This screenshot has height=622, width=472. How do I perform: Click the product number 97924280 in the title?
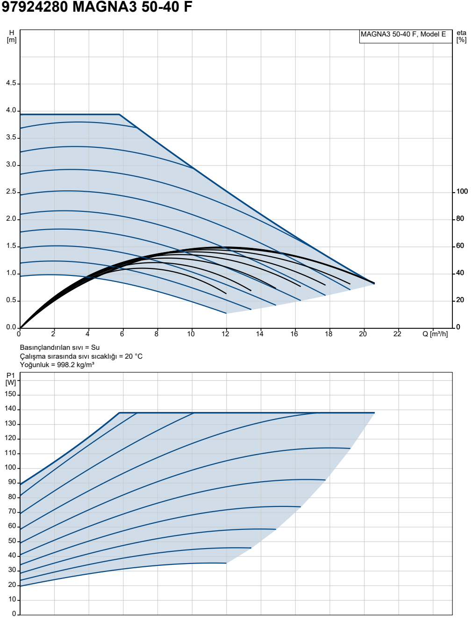(x=35, y=7)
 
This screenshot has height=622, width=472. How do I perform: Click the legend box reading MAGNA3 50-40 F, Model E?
(x=406, y=36)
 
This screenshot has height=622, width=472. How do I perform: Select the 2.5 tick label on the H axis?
(x=11, y=192)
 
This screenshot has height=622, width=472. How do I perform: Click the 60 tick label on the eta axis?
(x=460, y=246)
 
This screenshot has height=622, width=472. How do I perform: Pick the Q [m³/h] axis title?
(x=435, y=334)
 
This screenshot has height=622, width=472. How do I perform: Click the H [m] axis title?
(x=12, y=36)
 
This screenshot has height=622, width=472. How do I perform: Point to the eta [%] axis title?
(x=462, y=36)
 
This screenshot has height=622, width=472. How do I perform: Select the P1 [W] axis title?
(x=11, y=379)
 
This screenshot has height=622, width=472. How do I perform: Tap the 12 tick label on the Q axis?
(x=225, y=334)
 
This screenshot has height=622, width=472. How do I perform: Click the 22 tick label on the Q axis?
(x=397, y=334)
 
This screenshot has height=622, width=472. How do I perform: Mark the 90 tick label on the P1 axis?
(x=12, y=482)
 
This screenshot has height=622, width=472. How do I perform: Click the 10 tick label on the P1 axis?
(x=12, y=600)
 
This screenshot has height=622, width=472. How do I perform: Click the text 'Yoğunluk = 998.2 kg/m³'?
(x=57, y=365)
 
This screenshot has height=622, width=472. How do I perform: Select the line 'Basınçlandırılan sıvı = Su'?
(x=60, y=347)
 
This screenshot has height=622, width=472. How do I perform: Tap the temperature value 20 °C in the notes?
(x=134, y=356)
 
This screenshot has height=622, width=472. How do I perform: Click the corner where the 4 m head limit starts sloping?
(x=119, y=114)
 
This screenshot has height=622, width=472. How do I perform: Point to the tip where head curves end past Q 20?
(x=374, y=283)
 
